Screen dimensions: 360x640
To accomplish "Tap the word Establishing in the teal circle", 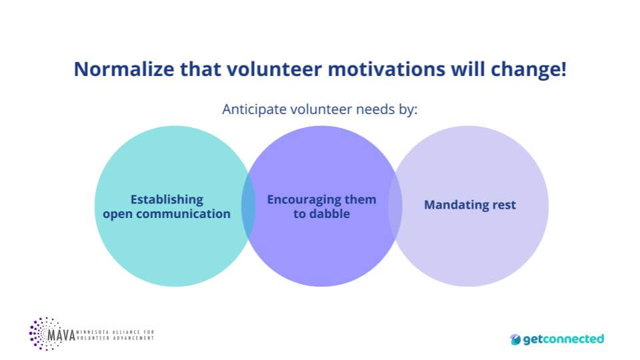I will pyautogui.click(x=167, y=199).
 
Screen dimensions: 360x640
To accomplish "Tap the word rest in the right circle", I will pyautogui.click(x=504, y=205).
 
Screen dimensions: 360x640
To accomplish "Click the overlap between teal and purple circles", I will pyautogui.click(x=248, y=207).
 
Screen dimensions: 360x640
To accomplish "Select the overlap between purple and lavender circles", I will pyautogui.click(x=395, y=207).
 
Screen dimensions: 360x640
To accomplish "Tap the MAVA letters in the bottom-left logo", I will pyautogui.click(x=61, y=334).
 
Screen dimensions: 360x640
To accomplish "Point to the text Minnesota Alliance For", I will pyautogui.click(x=115, y=331).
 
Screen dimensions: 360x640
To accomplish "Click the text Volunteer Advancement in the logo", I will pyautogui.click(x=115, y=338).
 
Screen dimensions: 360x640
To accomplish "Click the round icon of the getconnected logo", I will pyautogui.click(x=516, y=339).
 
